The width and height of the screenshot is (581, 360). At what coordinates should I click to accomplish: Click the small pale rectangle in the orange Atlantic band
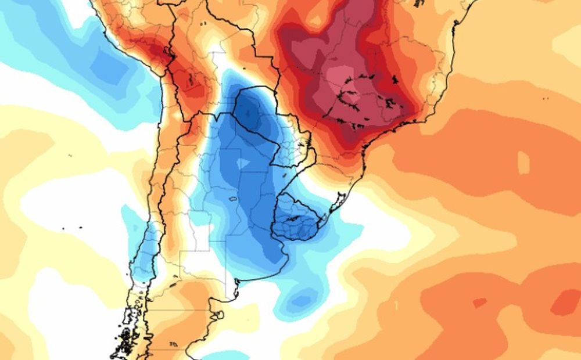tap(523, 163)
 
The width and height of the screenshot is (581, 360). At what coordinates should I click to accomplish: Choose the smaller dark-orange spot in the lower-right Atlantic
tap(479, 303)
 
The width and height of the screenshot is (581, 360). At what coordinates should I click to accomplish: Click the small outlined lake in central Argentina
tap(232, 199)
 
